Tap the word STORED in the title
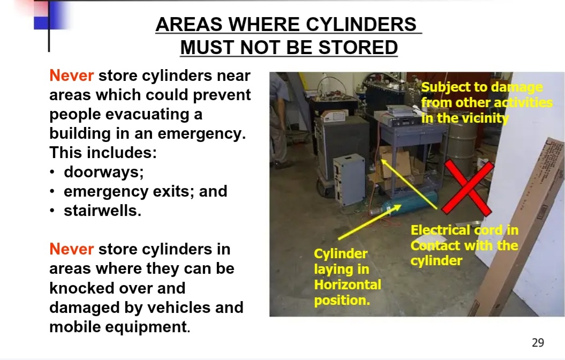[x=358, y=48]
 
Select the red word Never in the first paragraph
[x=71, y=76]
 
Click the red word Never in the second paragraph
[x=71, y=249]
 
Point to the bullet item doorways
[x=104, y=172]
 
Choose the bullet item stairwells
[x=102, y=211]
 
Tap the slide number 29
[x=538, y=342]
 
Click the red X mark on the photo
[x=468, y=188]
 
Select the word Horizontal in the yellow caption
[x=348, y=284]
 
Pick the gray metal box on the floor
[x=350, y=179]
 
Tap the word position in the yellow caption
[x=342, y=300]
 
